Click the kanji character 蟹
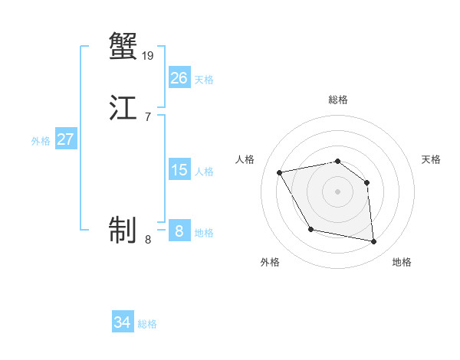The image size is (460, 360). pyautogui.click(x=123, y=45)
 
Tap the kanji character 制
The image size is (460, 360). pyautogui.click(x=123, y=229)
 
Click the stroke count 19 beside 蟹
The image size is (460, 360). pyautogui.click(x=148, y=55)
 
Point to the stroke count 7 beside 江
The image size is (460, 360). pyautogui.click(x=148, y=117)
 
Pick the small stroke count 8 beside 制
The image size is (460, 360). pyautogui.click(x=148, y=240)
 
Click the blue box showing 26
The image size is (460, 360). pyautogui.click(x=179, y=78)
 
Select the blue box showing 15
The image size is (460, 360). pyautogui.click(x=179, y=170)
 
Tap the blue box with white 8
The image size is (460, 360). pyautogui.click(x=179, y=231)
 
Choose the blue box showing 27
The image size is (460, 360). pyautogui.click(x=65, y=139)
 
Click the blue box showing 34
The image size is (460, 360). pyautogui.click(x=123, y=322)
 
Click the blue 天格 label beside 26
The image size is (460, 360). pyautogui.click(x=204, y=79)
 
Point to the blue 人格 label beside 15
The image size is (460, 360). pyautogui.click(x=204, y=172)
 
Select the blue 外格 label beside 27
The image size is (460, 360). pyautogui.click(x=41, y=141)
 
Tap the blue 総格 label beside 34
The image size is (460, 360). pyautogui.click(x=147, y=324)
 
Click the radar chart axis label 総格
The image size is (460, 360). pyautogui.click(x=337, y=100)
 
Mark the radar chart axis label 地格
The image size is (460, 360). pyautogui.click(x=402, y=262)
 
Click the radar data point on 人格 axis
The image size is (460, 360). pyautogui.click(x=280, y=172)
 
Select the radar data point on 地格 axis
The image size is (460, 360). pyautogui.click(x=374, y=242)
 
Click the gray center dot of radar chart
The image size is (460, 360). pyautogui.click(x=337, y=191)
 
